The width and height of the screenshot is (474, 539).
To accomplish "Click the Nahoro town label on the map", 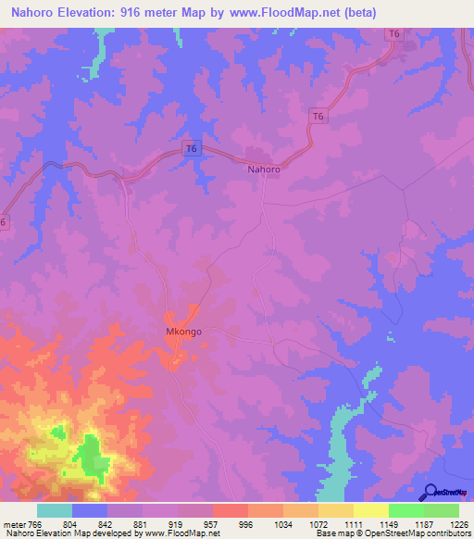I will [264, 169].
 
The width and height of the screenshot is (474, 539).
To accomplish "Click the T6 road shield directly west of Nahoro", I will [192, 148].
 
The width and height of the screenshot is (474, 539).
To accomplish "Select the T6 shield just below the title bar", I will [394, 34].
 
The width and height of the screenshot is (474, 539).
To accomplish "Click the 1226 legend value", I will [458, 523].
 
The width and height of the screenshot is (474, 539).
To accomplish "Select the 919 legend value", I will [186, 523].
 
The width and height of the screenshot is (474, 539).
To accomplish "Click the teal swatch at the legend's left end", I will [55, 510].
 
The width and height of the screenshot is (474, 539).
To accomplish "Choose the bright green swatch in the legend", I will [405, 510].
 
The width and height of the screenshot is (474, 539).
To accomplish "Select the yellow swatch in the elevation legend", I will [370, 510].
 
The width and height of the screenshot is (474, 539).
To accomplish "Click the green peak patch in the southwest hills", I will [90, 456].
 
